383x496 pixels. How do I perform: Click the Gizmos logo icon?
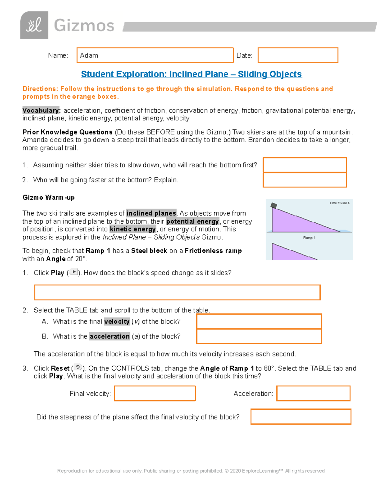click(x=34, y=25)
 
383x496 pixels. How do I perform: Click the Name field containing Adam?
click(x=155, y=55)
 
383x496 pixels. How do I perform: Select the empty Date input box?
click(x=298, y=55)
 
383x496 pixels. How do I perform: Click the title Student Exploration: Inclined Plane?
click(x=191, y=74)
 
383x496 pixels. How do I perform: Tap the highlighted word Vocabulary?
click(x=41, y=111)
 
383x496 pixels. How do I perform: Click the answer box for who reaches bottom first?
click(x=304, y=165)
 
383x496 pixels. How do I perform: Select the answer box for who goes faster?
click(x=304, y=180)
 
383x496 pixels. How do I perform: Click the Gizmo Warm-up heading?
click(x=49, y=197)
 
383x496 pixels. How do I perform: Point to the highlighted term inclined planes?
click(x=151, y=213)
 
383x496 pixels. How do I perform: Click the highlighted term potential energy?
click(x=192, y=221)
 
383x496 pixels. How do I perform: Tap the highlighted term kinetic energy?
click(x=133, y=229)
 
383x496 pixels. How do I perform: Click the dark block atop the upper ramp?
click(x=274, y=205)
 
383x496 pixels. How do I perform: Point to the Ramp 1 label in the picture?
click(x=309, y=238)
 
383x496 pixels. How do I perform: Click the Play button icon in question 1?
click(x=74, y=272)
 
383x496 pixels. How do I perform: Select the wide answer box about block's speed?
click(x=177, y=292)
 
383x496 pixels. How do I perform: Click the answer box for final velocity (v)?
click(x=259, y=321)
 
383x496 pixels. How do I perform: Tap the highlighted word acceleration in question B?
click(x=109, y=336)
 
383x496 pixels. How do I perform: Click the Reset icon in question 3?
click(x=78, y=368)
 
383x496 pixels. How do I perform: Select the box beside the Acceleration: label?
click(x=313, y=393)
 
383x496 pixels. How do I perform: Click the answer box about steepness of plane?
click(x=301, y=416)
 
